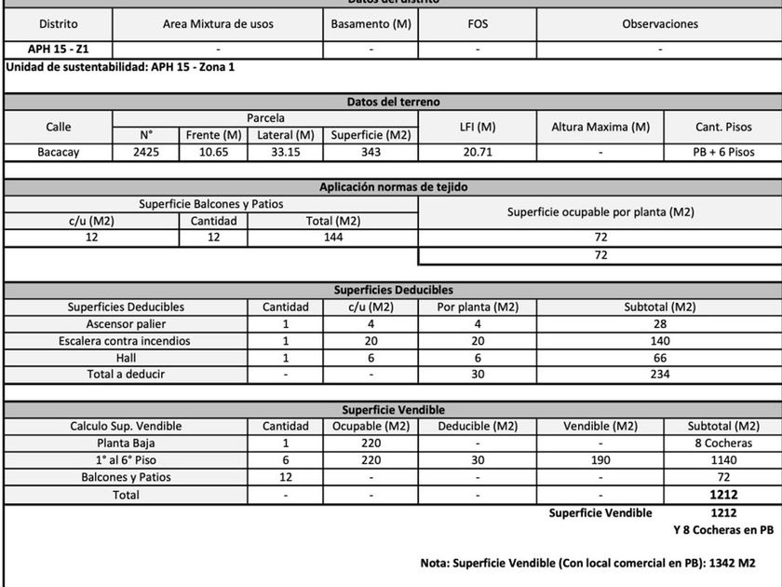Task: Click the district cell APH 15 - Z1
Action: click(58, 48)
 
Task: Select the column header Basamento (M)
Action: click(371, 23)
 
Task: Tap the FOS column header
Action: click(478, 23)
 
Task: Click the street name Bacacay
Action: click(58, 152)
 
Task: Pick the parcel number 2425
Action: click(146, 152)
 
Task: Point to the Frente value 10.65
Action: click(214, 152)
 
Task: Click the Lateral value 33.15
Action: click(287, 152)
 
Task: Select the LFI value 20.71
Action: click(477, 152)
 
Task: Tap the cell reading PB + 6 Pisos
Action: click(722, 152)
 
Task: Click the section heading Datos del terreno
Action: click(393, 102)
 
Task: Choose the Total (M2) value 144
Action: click(332, 238)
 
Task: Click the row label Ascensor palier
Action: click(126, 323)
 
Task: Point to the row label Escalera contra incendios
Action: click(126, 341)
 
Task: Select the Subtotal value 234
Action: click(658, 375)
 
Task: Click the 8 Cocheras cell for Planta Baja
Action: click(722, 444)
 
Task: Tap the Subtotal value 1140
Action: click(722, 460)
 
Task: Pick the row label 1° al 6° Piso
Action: click(126, 460)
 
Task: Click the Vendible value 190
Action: click(600, 460)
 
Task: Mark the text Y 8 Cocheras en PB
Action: click(722, 530)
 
